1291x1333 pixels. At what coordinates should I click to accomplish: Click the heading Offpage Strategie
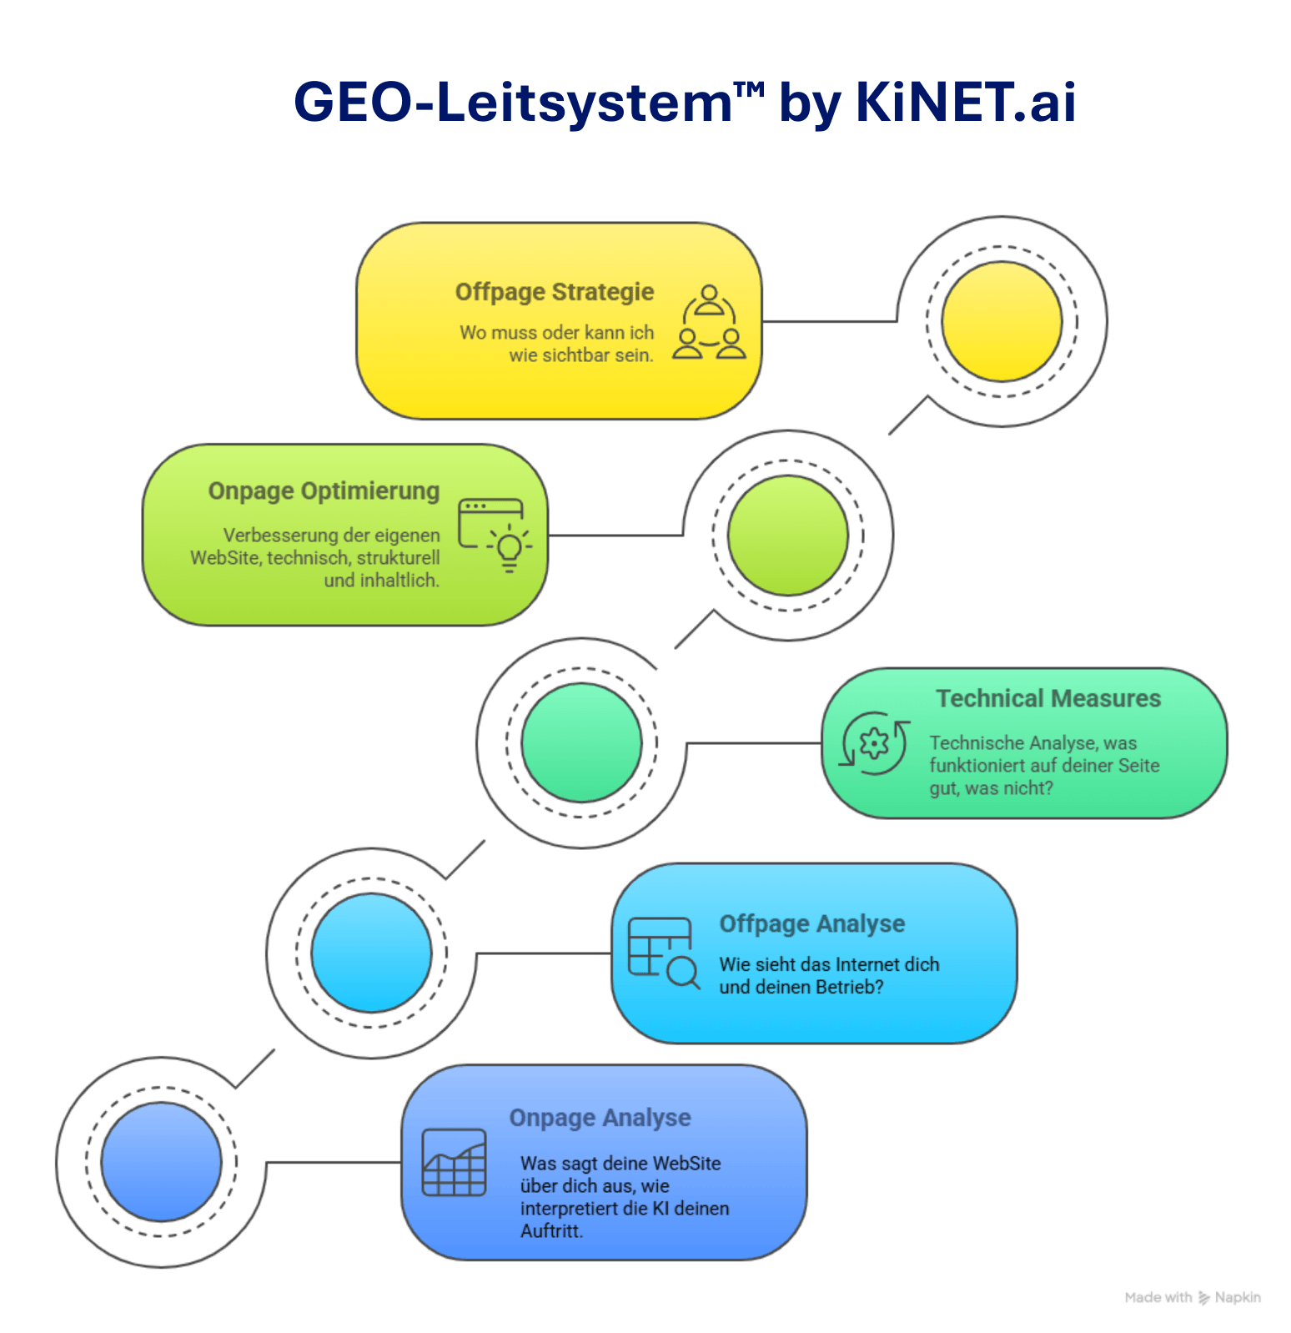coord(555,292)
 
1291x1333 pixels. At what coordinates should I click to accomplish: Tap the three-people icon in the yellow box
coord(709,323)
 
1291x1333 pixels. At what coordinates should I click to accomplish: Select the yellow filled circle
coord(1002,321)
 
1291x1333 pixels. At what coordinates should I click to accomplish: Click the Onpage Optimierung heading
coord(324,490)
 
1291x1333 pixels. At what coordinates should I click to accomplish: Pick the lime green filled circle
coord(787,535)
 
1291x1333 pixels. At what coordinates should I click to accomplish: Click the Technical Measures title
coord(1047,698)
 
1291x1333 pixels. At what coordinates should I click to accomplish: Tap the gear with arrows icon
coord(873,742)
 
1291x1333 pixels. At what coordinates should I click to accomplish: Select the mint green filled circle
coord(581,742)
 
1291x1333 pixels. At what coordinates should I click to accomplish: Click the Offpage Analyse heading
coord(811,923)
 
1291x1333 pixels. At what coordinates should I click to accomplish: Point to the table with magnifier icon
coord(663,953)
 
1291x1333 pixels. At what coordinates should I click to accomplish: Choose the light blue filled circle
coord(371,953)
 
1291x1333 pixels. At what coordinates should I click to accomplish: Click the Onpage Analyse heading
coord(600,1117)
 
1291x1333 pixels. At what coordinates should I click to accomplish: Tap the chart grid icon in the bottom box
coord(454,1162)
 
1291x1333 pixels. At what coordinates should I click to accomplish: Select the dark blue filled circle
coord(161,1162)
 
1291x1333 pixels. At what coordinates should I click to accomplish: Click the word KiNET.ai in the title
coord(965,103)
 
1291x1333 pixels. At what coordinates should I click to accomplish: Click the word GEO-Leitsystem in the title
coord(513,103)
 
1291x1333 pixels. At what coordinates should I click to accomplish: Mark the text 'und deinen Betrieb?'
coord(801,987)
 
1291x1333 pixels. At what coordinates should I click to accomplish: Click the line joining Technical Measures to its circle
coord(755,742)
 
